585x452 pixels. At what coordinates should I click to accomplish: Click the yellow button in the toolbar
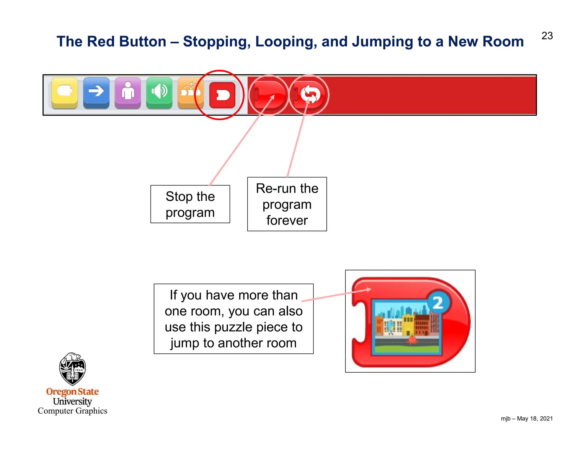pyautogui.click(x=65, y=92)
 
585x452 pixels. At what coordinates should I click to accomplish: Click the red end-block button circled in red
pyautogui.click(x=222, y=95)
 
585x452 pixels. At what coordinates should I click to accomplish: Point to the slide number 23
pyautogui.click(x=547, y=36)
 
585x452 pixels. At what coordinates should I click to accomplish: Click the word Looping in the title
pyautogui.click(x=286, y=42)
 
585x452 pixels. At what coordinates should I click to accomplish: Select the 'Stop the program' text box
pyautogui.click(x=190, y=204)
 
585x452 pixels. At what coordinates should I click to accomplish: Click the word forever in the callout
pyautogui.click(x=287, y=221)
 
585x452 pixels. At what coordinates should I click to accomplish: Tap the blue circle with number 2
pyautogui.click(x=438, y=303)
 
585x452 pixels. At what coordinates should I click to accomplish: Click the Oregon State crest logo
pyautogui.click(x=73, y=369)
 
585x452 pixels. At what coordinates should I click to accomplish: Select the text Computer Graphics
pyautogui.click(x=72, y=411)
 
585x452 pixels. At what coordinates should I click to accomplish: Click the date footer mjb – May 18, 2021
pyautogui.click(x=526, y=419)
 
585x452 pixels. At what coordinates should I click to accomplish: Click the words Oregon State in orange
pyautogui.click(x=72, y=391)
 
